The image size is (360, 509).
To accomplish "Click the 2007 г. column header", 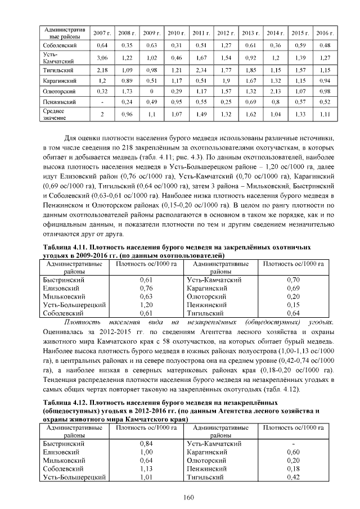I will coord(102,33).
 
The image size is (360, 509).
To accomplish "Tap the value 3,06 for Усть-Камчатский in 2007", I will coord(102,57).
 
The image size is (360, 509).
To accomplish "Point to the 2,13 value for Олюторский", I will coord(274,91).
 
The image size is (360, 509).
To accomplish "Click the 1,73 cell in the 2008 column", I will coord(127,91).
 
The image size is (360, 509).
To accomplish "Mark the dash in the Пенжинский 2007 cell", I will coord(102,102).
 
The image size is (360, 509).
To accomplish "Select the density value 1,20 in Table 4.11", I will coord(146,304).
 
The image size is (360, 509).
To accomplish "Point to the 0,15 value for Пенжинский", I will coord(293,304).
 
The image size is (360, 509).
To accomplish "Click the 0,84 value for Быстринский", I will coord(146,444).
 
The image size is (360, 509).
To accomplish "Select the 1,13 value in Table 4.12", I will coord(146,469).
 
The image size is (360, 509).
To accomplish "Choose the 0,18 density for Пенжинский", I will coord(293,469).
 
